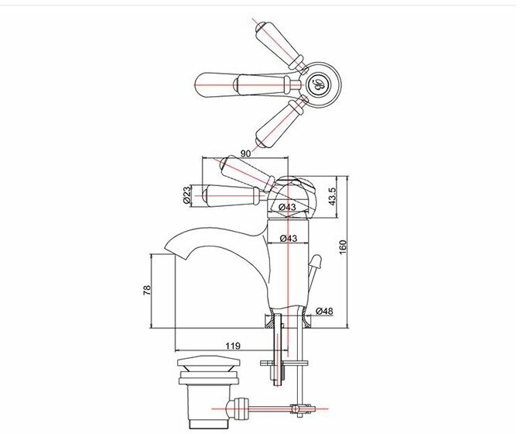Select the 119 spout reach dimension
point(231,345)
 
